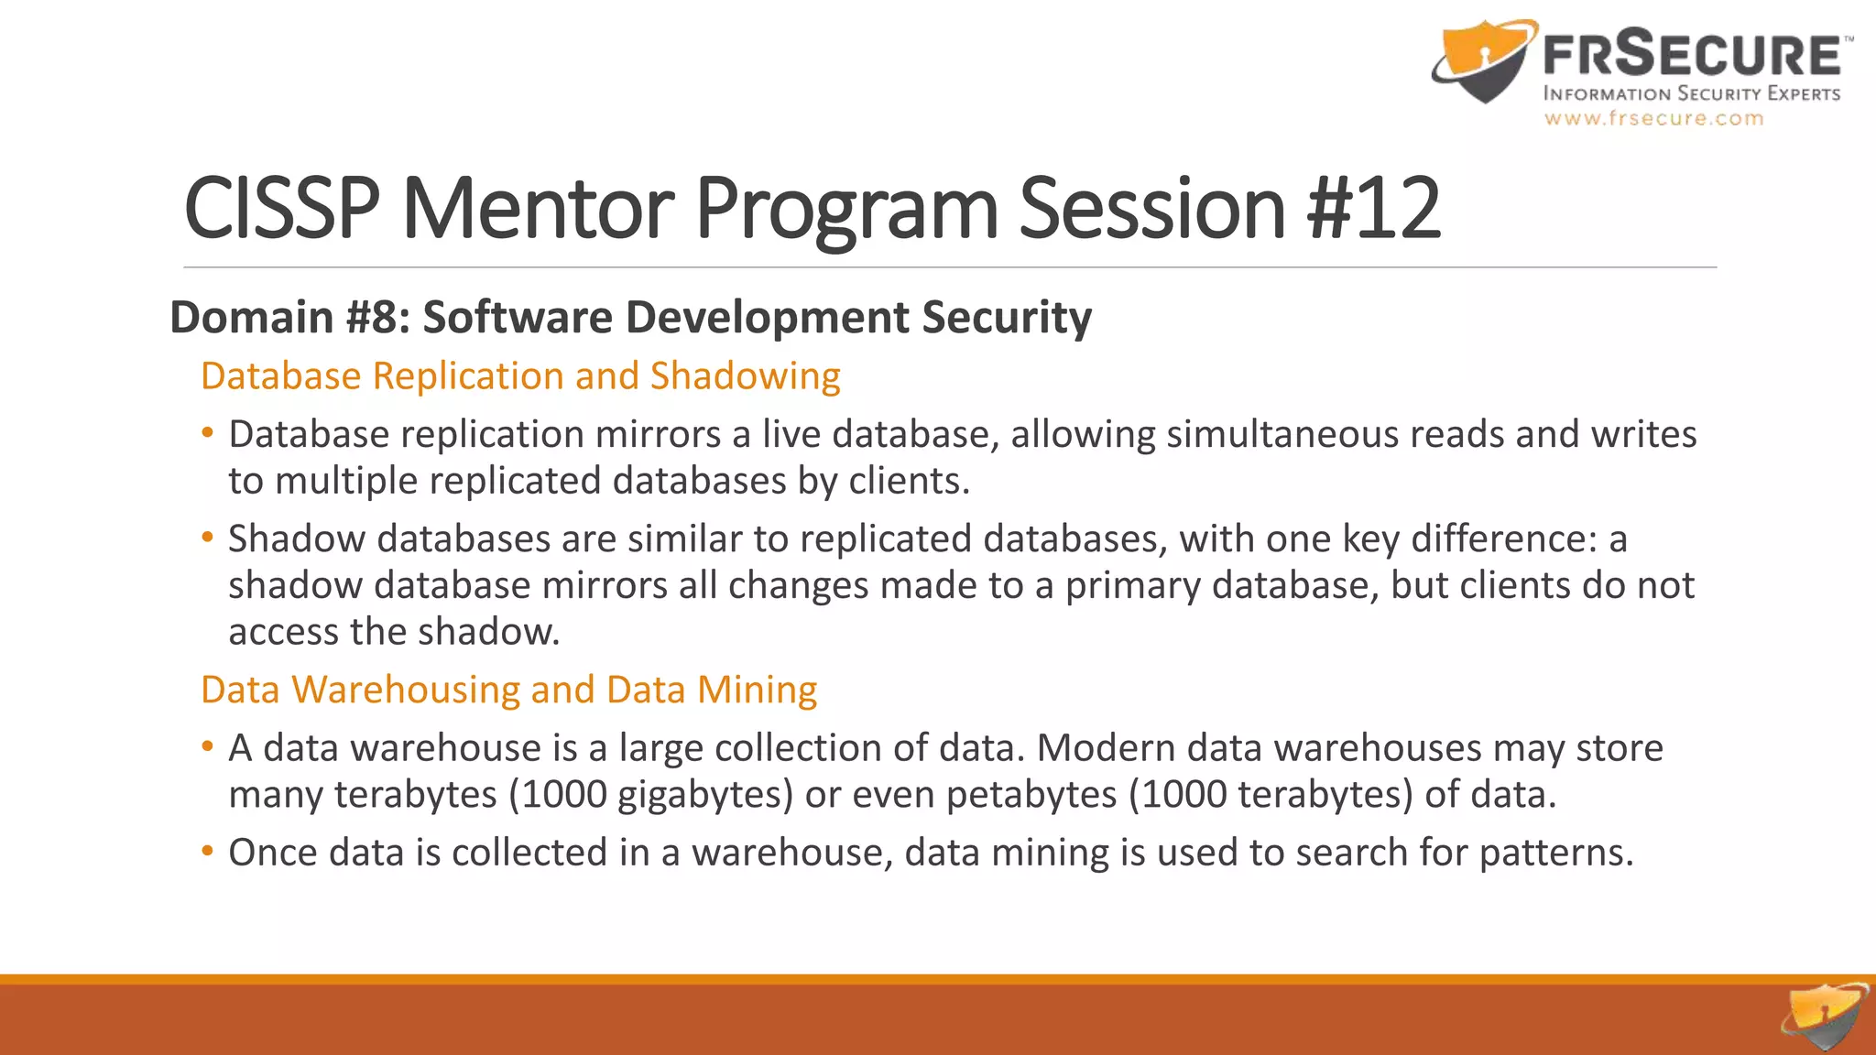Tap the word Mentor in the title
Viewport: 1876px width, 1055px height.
pos(538,209)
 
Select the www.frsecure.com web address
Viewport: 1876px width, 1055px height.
pos(1653,118)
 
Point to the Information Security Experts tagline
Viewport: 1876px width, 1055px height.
pos(1691,93)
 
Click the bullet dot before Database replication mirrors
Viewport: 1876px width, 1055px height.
pos(208,432)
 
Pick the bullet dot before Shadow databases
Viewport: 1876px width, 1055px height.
pos(208,537)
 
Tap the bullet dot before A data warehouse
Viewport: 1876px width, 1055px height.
pos(208,746)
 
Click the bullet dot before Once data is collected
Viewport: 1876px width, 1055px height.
pos(208,851)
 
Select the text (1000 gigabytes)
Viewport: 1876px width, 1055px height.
pos(650,794)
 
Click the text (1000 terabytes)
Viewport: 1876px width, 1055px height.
pos(1271,794)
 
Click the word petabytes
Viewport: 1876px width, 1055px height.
pos(1031,794)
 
